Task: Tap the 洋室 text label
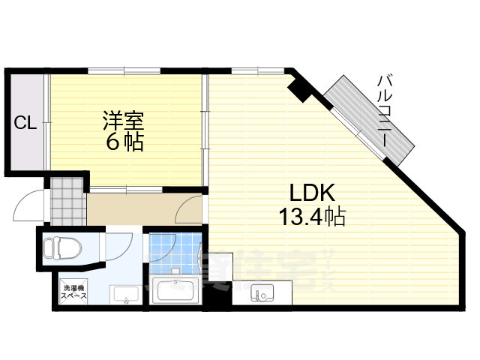click(124, 120)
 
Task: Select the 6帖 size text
click(124, 142)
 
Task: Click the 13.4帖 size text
click(312, 217)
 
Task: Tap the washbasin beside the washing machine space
click(123, 295)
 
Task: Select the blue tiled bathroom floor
click(172, 252)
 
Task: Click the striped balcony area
click(367, 120)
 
